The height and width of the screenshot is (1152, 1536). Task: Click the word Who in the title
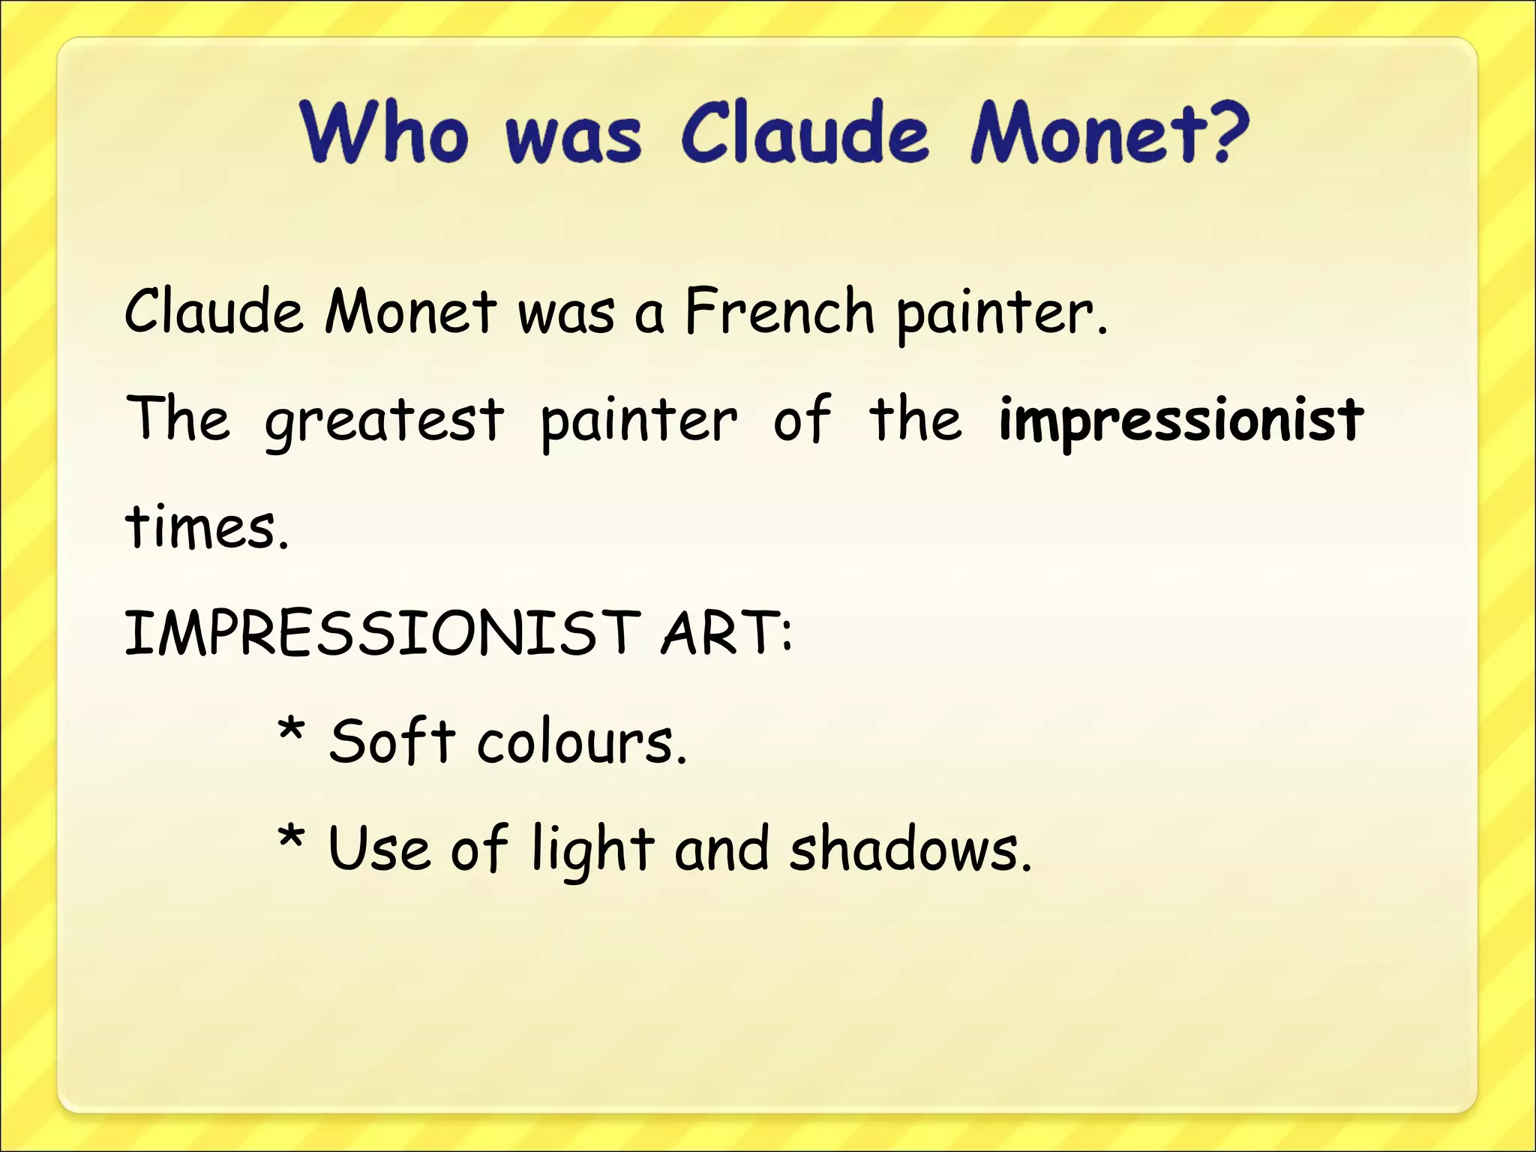(x=384, y=133)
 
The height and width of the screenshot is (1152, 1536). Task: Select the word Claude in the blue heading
(x=805, y=133)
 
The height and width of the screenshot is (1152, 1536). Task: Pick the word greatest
(x=384, y=420)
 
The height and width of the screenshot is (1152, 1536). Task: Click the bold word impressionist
(x=1180, y=420)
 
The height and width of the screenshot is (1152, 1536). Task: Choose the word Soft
(x=391, y=742)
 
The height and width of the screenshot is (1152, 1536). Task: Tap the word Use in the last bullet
(x=379, y=850)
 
